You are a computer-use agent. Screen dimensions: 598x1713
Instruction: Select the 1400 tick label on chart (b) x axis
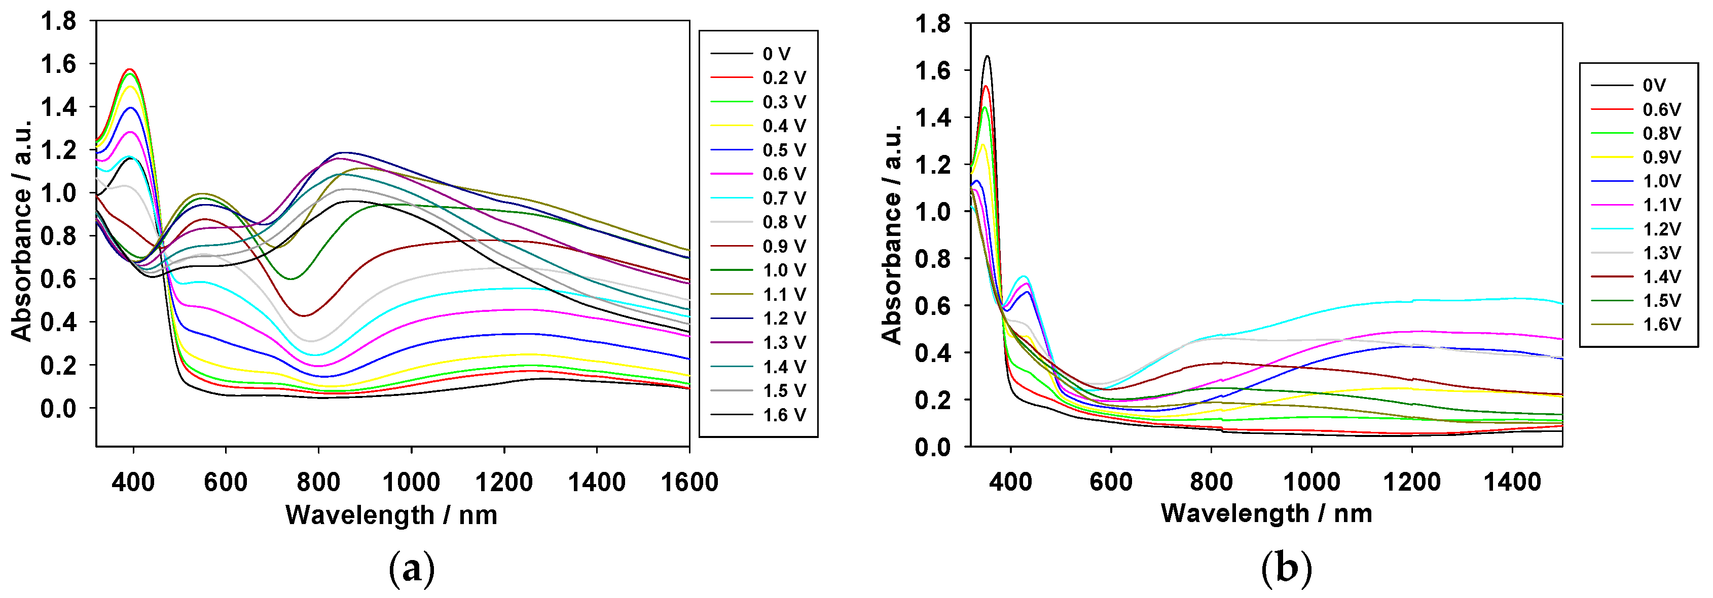pyautogui.click(x=1512, y=481)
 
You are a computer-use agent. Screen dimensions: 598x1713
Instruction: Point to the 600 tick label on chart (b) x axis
pyautogui.click(x=1111, y=481)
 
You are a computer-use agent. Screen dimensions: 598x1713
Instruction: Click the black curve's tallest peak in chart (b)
pyautogui.click(x=988, y=57)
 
